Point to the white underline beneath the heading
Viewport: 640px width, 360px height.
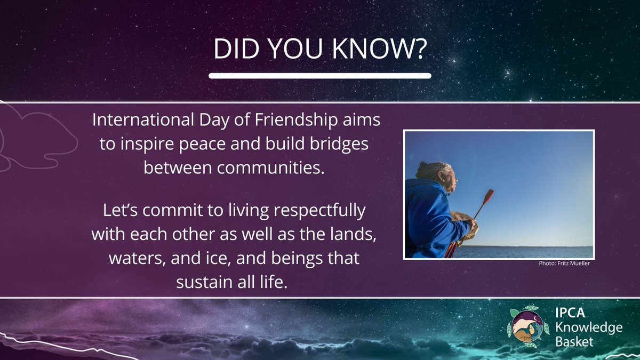[x=320, y=76]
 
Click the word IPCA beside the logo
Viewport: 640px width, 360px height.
[x=566, y=315]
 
